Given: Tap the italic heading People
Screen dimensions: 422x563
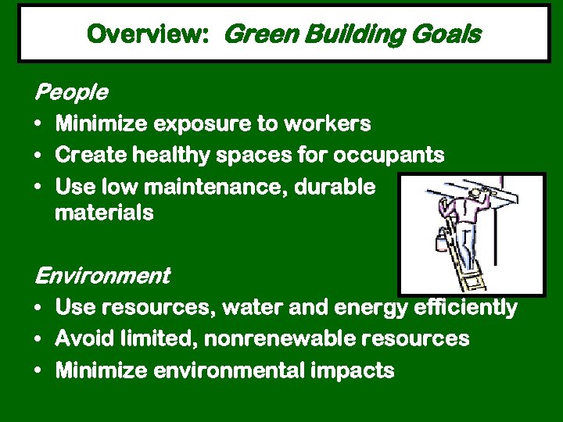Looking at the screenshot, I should (70, 93).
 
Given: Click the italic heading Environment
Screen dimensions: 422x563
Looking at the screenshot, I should (102, 276).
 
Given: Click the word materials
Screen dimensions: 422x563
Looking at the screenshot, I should (104, 213).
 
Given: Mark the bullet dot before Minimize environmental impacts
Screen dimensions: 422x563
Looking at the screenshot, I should (38, 371).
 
